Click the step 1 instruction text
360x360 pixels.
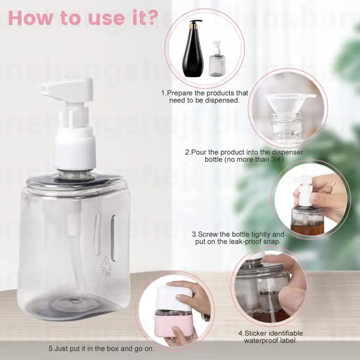204,97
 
